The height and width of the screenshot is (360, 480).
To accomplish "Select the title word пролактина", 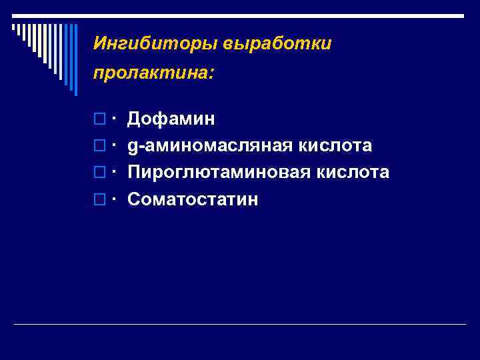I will [x=153, y=72].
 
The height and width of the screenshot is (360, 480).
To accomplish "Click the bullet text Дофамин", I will [x=171, y=119].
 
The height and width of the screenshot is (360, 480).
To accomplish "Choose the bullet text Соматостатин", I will [x=193, y=199].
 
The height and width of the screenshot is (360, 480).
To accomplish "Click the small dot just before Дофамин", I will [x=115, y=118].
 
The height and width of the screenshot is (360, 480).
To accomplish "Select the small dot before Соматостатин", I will [x=115, y=198].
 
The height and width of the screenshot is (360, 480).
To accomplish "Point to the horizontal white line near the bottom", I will [x=240, y=324].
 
